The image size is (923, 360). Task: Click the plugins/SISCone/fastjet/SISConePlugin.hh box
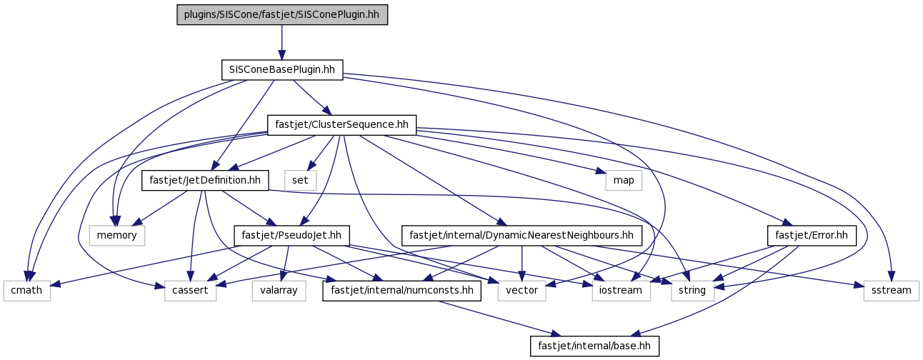(x=282, y=15)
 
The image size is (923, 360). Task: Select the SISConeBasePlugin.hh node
(x=282, y=70)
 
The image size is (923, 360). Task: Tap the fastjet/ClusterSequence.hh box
(x=341, y=125)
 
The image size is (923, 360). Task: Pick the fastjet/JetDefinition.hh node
(x=205, y=181)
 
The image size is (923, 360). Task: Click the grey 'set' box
(x=300, y=181)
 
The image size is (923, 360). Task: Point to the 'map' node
(x=624, y=181)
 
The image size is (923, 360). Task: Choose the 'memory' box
(x=117, y=236)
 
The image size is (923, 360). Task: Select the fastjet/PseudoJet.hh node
(x=291, y=236)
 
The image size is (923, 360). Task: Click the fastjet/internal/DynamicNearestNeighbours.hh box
(x=522, y=236)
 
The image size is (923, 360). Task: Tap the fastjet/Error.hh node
(x=812, y=236)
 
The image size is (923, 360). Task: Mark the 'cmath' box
(x=26, y=291)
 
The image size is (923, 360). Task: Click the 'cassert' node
(x=190, y=291)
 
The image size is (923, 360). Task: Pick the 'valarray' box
(x=279, y=291)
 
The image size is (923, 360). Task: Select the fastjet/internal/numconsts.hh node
(x=401, y=291)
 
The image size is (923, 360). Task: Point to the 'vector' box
(x=522, y=291)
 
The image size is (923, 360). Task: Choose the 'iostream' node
(x=622, y=291)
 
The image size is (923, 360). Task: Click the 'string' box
(x=693, y=291)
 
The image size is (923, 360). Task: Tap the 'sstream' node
(x=892, y=291)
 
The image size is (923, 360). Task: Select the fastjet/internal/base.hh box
(x=594, y=346)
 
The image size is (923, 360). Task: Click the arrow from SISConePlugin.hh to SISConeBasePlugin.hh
(x=282, y=42)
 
